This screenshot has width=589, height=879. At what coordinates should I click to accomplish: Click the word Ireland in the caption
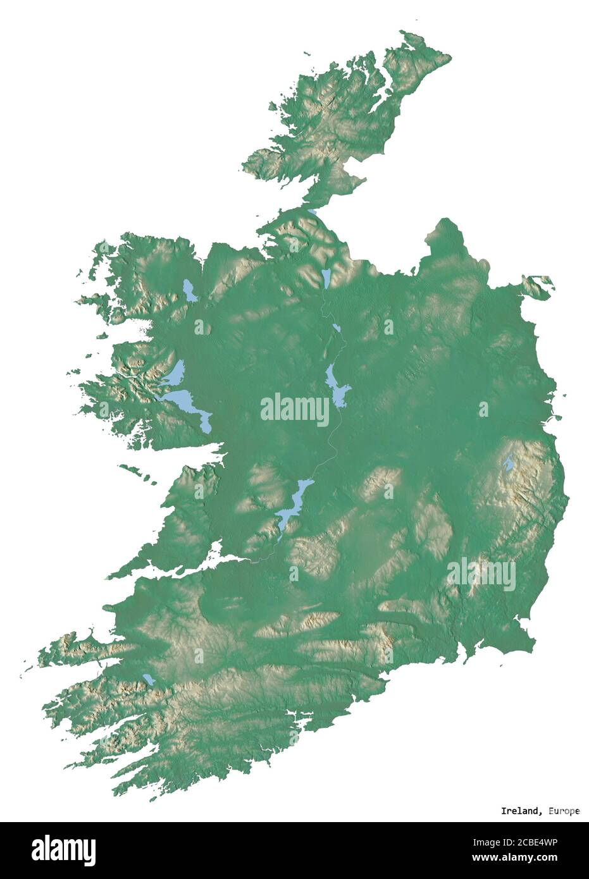point(520,811)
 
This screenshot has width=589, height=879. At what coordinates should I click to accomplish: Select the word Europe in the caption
point(563,811)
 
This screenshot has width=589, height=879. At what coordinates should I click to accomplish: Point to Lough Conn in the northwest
point(189,290)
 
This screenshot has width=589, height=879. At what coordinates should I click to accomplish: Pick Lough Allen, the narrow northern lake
point(326,277)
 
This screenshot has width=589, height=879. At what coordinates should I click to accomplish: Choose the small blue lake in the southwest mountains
point(149,679)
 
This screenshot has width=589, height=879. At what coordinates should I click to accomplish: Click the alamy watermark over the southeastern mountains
point(481,574)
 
